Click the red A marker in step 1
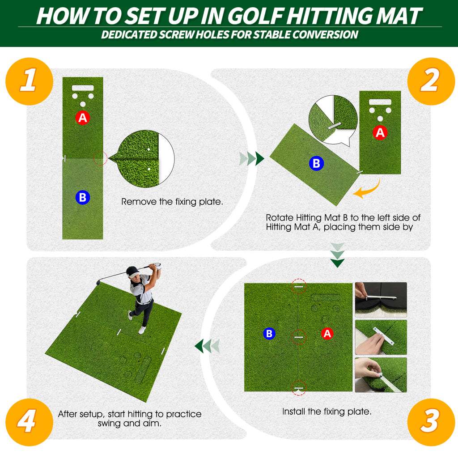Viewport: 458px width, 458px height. point(82,118)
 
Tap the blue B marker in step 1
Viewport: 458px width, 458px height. point(82,197)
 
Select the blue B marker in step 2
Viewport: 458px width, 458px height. point(316,164)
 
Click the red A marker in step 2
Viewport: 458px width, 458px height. point(380,132)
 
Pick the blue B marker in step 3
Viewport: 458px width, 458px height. point(269,333)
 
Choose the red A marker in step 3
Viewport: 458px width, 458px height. point(327,333)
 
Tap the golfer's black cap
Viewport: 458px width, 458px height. point(132,271)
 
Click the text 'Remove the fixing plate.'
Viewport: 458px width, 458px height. point(172,202)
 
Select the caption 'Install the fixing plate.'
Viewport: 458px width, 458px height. point(327,411)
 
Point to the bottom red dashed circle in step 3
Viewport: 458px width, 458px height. point(299,388)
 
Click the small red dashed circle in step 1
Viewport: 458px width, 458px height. point(101,158)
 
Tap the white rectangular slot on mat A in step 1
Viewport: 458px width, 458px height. point(82,88)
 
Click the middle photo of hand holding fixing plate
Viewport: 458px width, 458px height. point(381,337)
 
